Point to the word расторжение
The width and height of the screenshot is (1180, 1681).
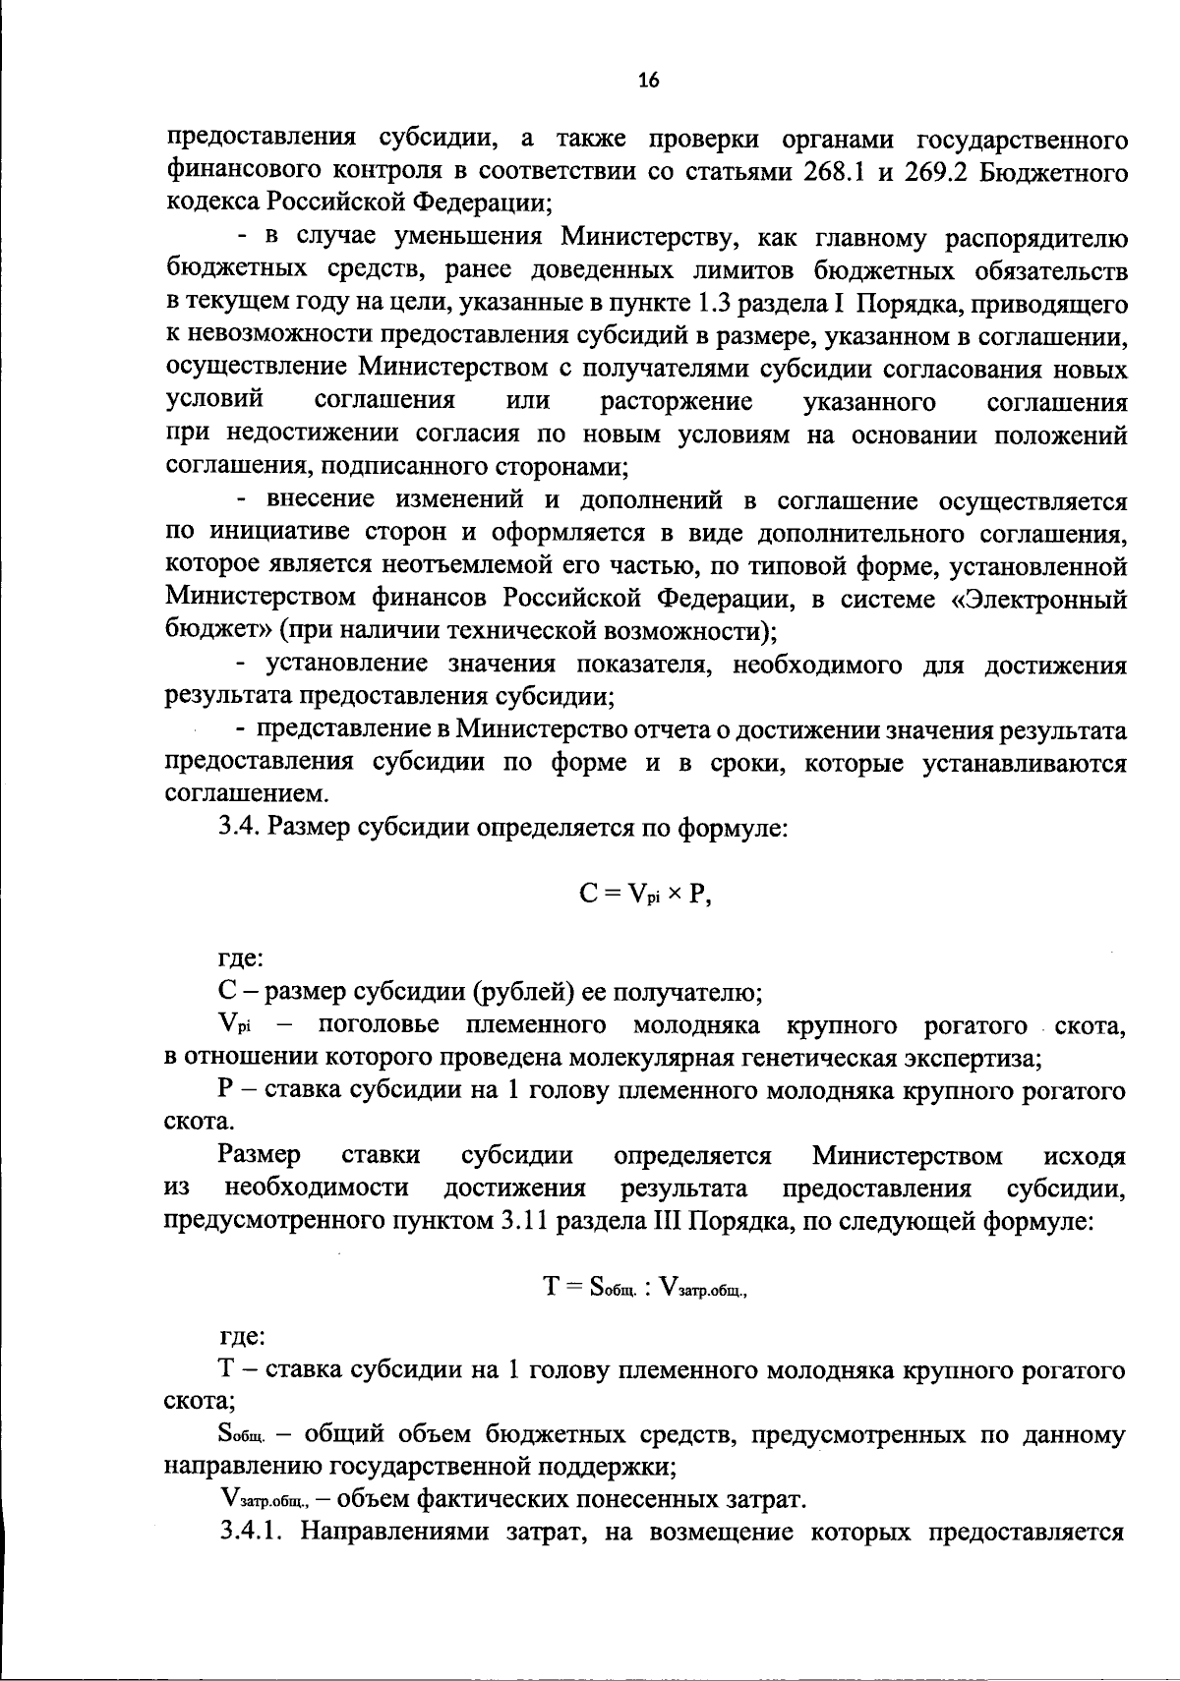point(677,402)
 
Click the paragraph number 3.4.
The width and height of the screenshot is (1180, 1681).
point(239,828)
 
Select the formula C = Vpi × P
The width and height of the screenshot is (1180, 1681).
point(643,895)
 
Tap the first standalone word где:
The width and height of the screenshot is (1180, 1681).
point(239,959)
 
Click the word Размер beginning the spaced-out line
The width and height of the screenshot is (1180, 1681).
point(261,1155)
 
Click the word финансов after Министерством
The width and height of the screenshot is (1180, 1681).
point(432,599)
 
